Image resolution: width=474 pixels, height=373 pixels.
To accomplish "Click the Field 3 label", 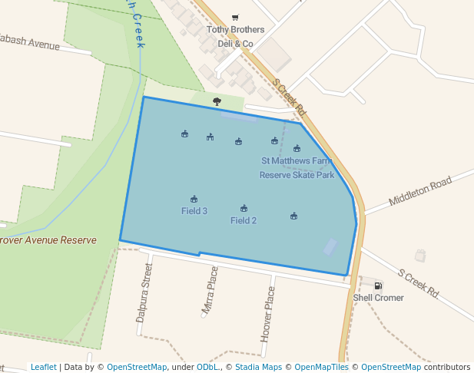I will pyautogui.click(x=194, y=211).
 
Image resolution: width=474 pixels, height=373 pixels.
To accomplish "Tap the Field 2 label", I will pyautogui.click(x=244, y=220).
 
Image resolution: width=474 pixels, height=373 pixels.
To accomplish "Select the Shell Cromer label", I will pyautogui.click(x=378, y=298).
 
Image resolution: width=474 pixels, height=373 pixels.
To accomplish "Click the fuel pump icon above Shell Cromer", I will pyautogui.click(x=378, y=286).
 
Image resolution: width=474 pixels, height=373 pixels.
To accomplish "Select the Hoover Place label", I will pyautogui.click(x=268, y=314).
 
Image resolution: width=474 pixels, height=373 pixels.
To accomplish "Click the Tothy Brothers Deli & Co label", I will pyautogui.click(x=235, y=37).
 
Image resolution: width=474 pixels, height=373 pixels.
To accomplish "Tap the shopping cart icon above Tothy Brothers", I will pyautogui.click(x=235, y=18).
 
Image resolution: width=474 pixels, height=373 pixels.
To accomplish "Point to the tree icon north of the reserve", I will pyautogui.click(x=217, y=101).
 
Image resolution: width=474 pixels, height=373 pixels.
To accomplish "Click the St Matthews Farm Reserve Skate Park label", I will pyautogui.click(x=297, y=168).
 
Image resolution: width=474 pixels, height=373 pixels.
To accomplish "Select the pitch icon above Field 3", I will pyautogui.click(x=194, y=200).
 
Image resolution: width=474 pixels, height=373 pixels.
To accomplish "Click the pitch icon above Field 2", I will pyautogui.click(x=244, y=209).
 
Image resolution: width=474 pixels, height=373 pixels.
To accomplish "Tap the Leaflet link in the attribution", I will pyautogui.click(x=43, y=367).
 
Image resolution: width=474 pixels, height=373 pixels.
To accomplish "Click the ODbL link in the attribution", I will pyautogui.click(x=207, y=367).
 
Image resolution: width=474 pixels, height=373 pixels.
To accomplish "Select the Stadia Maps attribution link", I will pyautogui.click(x=258, y=367).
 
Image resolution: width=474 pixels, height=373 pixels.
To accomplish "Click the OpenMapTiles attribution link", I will pyautogui.click(x=321, y=367).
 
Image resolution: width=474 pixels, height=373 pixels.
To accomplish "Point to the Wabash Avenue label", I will pyautogui.click(x=31, y=42).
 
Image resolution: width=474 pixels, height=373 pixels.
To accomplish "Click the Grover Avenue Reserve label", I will pyautogui.click(x=48, y=240).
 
